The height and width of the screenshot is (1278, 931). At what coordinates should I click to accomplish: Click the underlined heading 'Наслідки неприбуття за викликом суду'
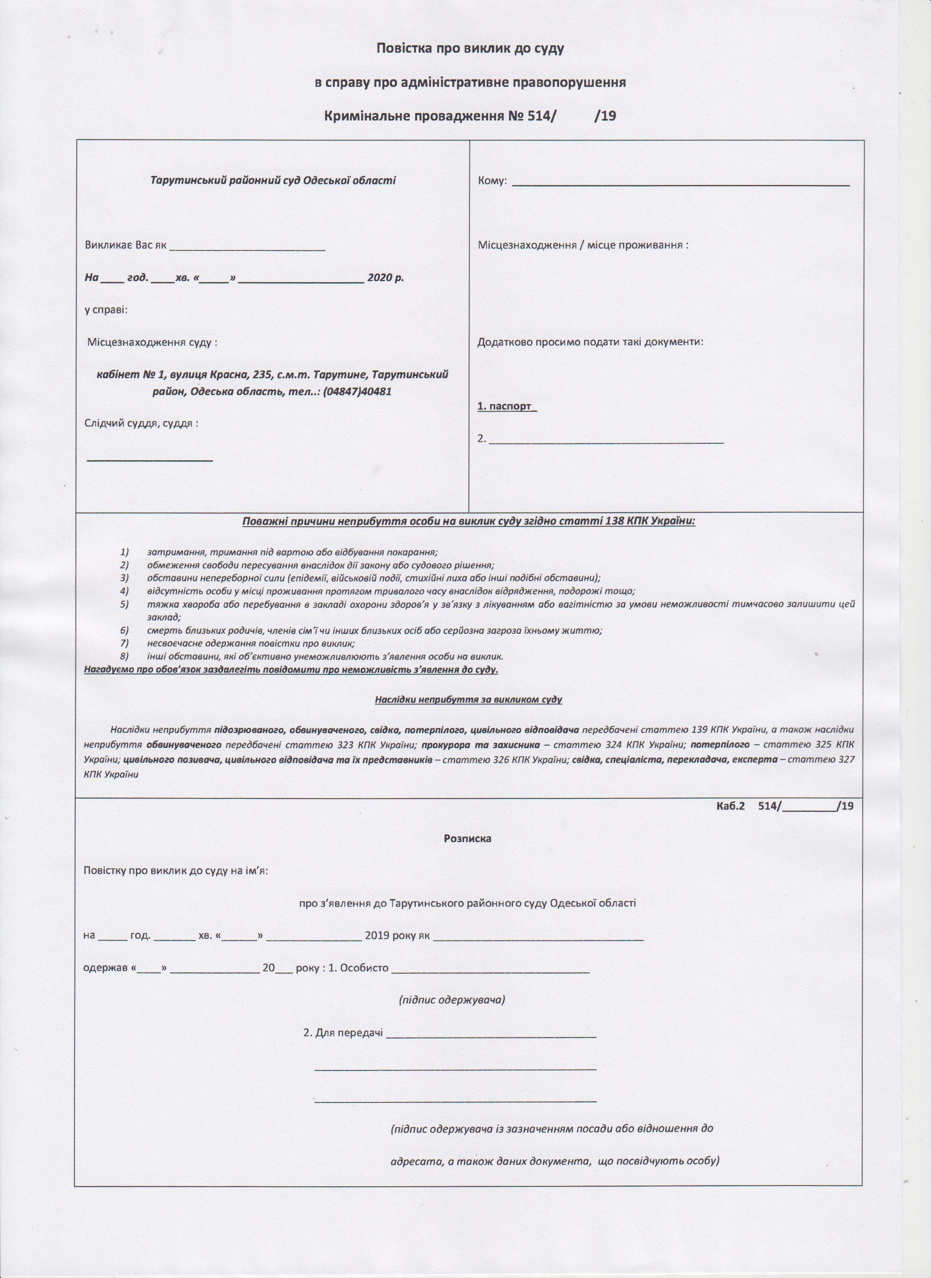pyautogui.click(x=468, y=700)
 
